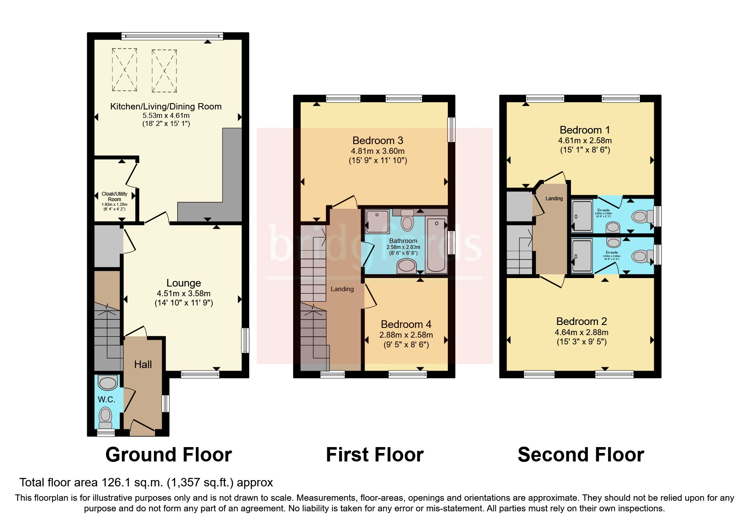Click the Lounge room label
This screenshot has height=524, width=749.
point(184,283)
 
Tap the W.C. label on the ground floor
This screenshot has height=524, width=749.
point(107,399)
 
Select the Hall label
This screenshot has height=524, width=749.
point(143,364)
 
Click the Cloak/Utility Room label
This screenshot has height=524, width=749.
point(115,196)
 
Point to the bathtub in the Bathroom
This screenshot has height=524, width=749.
point(436,245)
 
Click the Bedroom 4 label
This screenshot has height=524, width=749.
point(406,324)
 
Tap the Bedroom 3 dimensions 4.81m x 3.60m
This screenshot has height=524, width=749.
point(378,151)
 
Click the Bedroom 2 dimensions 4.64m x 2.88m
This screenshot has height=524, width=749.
point(582,332)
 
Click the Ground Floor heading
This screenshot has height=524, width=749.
point(168,455)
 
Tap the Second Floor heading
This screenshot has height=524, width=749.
point(581,455)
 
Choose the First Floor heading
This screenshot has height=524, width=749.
point(375,455)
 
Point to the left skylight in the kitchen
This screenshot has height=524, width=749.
point(125,70)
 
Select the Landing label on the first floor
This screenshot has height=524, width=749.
point(342,289)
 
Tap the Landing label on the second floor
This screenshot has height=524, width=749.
point(554,198)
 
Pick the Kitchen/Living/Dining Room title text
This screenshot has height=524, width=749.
point(166,106)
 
